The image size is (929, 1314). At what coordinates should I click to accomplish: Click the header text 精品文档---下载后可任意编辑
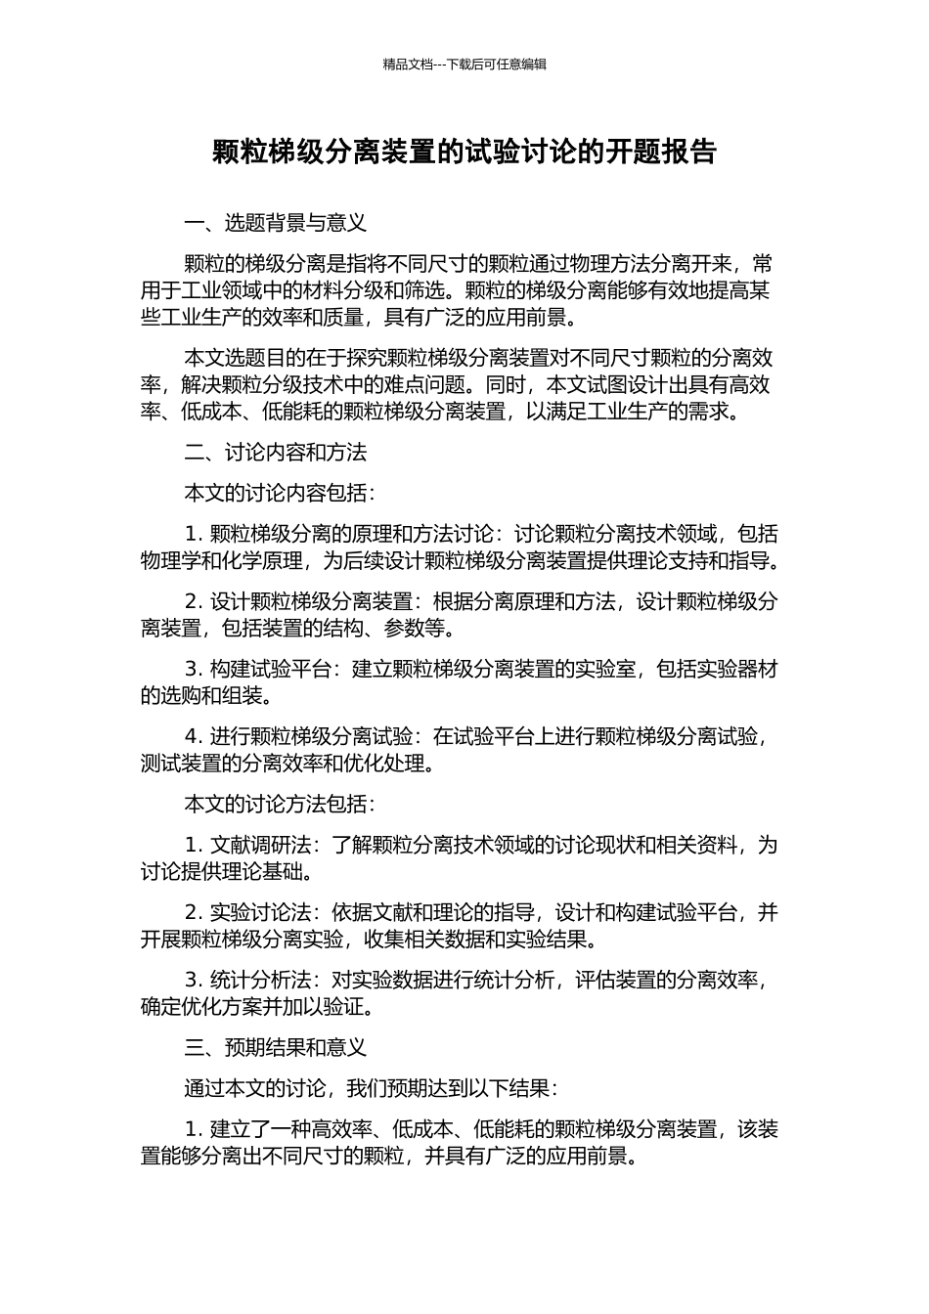pyautogui.click(x=464, y=65)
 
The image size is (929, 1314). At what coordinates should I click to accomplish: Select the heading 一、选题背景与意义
pyautogui.click(x=276, y=223)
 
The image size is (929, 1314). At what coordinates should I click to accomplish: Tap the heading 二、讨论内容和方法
pyautogui.click(x=276, y=453)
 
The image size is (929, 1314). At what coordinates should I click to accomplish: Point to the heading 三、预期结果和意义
pyautogui.click(x=276, y=1048)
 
